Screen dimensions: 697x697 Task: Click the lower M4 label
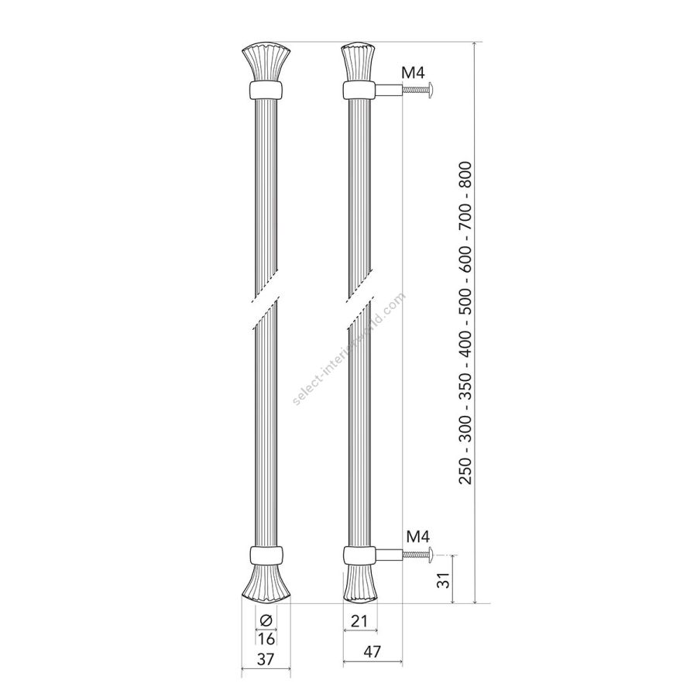point(418,537)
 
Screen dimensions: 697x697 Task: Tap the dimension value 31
point(445,579)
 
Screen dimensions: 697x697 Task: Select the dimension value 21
point(359,621)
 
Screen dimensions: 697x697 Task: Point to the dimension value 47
point(372,651)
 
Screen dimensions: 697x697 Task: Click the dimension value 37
point(266,659)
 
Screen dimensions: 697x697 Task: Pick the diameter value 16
point(266,639)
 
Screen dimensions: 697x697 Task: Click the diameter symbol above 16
point(266,620)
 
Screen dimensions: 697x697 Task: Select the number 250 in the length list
point(465,469)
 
